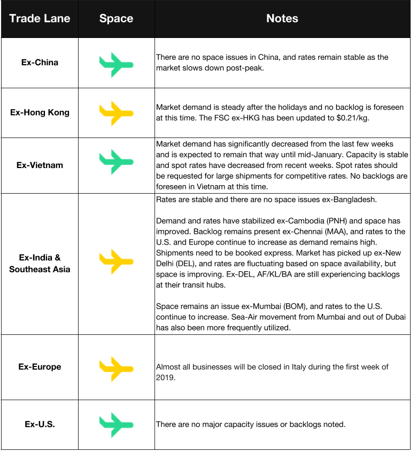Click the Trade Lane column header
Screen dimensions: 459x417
(40, 18)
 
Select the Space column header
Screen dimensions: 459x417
(116, 18)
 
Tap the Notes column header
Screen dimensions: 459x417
(282, 18)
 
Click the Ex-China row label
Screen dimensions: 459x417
(40, 63)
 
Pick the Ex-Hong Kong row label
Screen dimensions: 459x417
(40, 112)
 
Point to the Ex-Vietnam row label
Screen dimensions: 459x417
(40, 165)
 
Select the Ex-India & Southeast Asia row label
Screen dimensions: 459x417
(40, 263)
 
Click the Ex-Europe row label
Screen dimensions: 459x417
(40, 367)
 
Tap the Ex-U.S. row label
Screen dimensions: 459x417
(40, 424)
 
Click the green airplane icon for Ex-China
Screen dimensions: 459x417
(116, 64)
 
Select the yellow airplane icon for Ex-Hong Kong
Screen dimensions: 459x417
(116, 113)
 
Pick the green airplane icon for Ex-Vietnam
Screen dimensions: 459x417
(116, 162)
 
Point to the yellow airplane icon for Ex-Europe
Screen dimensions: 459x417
(116, 369)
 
